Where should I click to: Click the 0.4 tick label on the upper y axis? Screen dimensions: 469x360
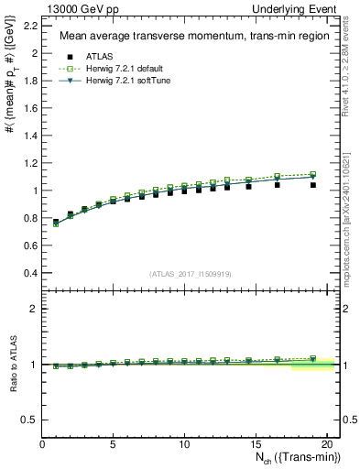click(31, 273)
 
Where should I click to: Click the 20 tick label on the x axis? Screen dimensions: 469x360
click(326, 444)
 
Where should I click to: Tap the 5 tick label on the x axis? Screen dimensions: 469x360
click(114, 444)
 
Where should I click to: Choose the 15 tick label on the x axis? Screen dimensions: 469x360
click(256, 444)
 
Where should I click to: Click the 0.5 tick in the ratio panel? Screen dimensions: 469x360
click(31, 420)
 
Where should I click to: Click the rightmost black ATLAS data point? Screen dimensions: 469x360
click(313, 185)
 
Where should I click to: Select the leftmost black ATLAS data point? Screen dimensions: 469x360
click(56, 222)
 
